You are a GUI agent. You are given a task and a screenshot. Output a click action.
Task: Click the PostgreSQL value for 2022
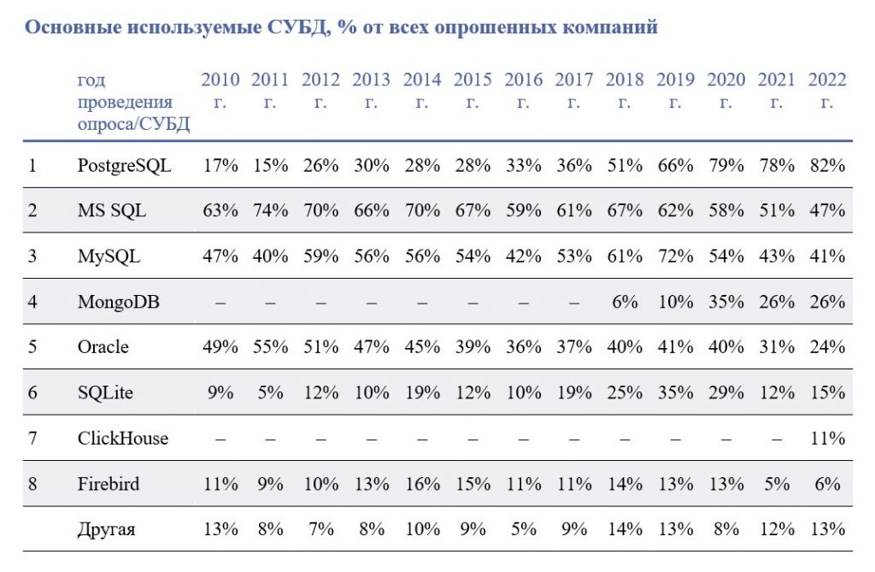click(x=826, y=165)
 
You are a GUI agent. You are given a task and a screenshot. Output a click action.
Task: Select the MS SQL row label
click(x=111, y=210)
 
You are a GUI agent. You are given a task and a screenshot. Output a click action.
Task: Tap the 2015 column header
click(x=473, y=91)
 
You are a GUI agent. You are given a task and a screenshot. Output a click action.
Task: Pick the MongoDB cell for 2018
click(x=625, y=302)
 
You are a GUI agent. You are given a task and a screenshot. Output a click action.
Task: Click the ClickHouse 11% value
click(x=826, y=439)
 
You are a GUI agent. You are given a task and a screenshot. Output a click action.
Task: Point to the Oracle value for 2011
click(x=270, y=347)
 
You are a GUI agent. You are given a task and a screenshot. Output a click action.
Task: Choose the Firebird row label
click(x=109, y=484)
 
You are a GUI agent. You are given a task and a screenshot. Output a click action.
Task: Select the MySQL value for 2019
click(x=675, y=256)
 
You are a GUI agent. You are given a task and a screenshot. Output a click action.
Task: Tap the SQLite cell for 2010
click(x=220, y=392)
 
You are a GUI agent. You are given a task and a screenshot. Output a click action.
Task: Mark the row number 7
click(x=32, y=439)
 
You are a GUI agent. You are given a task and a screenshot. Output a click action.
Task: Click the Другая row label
click(x=106, y=530)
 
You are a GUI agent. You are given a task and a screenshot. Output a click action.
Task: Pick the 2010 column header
click(x=220, y=91)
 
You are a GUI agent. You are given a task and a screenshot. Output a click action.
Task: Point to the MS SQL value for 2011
click(x=270, y=210)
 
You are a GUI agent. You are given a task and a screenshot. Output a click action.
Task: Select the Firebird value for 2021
click(x=776, y=484)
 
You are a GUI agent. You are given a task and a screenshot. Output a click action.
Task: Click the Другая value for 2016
click(x=523, y=530)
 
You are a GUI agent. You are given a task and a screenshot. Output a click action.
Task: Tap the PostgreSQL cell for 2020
click(x=725, y=165)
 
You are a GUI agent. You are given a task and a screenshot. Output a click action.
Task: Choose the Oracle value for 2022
click(x=826, y=347)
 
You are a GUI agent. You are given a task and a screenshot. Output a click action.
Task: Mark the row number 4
click(x=32, y=302)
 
